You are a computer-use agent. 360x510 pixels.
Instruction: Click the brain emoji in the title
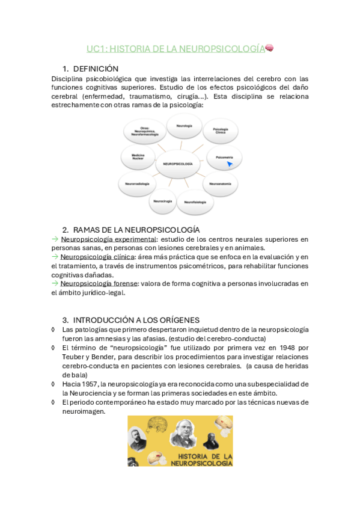coord(270,48)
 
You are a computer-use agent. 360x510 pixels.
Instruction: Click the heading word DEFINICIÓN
coord(96,69)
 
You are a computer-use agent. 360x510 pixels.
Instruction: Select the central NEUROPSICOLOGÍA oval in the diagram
coord(178,164)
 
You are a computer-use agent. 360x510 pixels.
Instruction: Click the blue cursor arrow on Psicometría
coord(230,163)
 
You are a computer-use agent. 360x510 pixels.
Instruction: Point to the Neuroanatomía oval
coord(220,183)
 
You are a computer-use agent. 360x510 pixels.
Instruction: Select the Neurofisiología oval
coord(195,201)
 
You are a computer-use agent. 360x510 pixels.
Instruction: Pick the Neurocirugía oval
coord(163,201)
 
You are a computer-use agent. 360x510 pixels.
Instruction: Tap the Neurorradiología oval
coord(138,182)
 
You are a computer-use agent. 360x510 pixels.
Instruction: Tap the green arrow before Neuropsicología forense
coord(55,283)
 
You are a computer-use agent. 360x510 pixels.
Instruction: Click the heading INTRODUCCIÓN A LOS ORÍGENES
coord(136,319)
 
